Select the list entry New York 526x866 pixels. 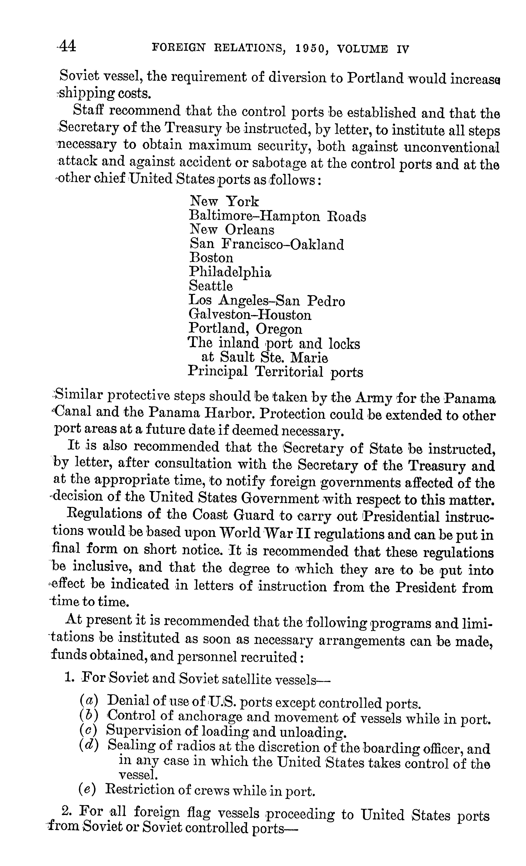tap(224, 201)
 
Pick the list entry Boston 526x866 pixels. tap(211, 258)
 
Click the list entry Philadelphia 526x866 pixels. tap(230, 272)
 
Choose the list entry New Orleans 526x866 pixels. tap(232, 230)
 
